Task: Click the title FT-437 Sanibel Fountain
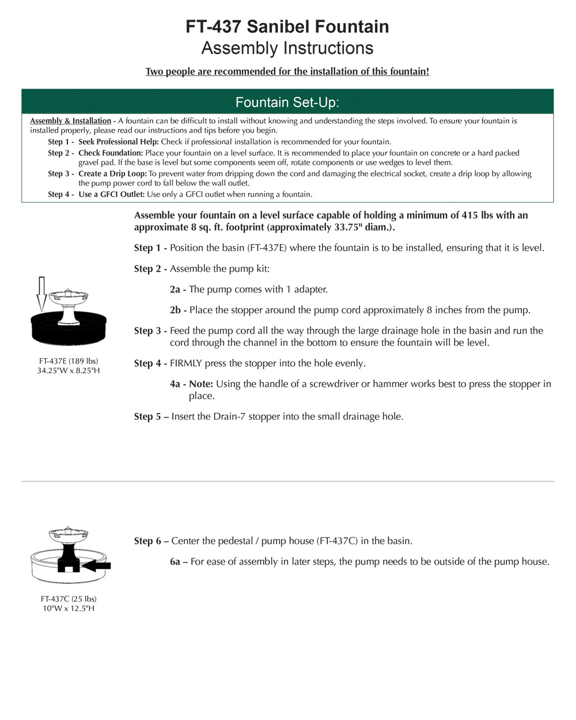(x=287, y=26)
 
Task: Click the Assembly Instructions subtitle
(x=287, y=48)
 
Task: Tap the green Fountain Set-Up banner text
(x=287, y=103)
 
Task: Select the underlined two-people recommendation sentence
(x=287, y=71)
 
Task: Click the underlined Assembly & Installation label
(x=70, y=121)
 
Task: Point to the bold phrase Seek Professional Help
(x=118, y=142)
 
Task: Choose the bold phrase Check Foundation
(x=111, y=153)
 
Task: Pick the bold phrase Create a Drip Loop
(x=113, y=174)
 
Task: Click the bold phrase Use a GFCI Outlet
(x=111, y=195)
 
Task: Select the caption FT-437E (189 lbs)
(x=69, y=361)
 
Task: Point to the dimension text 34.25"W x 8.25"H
(x=69, y=371)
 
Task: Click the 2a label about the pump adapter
(x=177, y=290)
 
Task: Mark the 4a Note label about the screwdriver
(x=191, y=384)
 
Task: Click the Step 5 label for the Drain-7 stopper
(x=151, y=416)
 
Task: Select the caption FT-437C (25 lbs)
(x=69, y=599)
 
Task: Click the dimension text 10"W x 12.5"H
(x=69, y=609)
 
